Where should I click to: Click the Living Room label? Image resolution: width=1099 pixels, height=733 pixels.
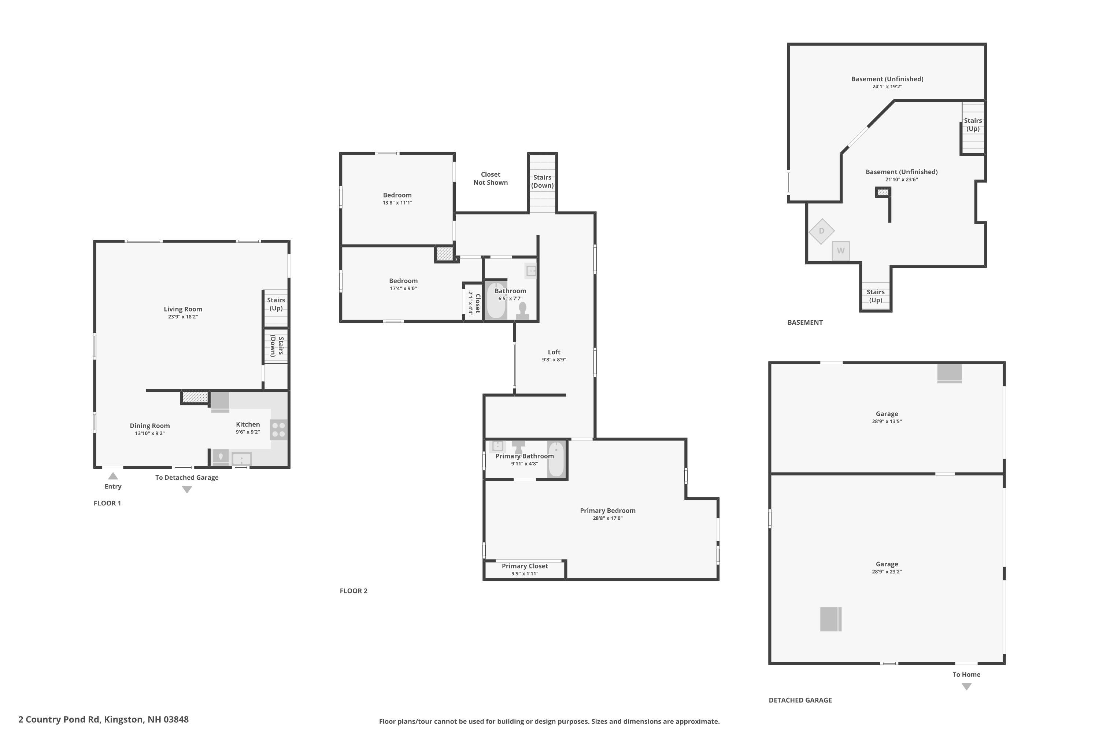(183, 309)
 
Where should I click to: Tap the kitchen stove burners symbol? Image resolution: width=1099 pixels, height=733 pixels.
(278, 430)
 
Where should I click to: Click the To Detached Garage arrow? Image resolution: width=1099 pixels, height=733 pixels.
(187, 489)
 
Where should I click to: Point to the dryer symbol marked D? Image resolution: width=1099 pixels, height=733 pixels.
(821, 231)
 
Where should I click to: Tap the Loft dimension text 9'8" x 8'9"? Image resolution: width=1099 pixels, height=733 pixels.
(554, 360)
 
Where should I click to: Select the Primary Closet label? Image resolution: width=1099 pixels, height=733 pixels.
(525, 566)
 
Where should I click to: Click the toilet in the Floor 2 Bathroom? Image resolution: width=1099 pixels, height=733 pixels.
(522, 310)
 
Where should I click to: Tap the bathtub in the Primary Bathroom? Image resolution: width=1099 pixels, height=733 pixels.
(556, 459)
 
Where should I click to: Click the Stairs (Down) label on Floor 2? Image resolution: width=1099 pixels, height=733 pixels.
(542, 181)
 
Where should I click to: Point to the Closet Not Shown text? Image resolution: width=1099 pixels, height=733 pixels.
(490, 178)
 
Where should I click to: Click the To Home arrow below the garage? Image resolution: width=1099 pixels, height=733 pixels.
(967, 687)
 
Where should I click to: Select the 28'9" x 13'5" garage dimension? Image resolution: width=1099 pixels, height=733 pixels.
(887, 421)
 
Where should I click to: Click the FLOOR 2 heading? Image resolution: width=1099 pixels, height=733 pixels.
(353, 591)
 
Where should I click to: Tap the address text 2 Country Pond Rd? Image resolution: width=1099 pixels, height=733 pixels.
(103, 719)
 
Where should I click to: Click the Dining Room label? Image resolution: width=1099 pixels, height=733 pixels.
(149, 426)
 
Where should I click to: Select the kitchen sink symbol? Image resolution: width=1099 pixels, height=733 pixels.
(241, 458)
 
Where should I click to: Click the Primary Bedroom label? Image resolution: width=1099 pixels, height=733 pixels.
(607, 511)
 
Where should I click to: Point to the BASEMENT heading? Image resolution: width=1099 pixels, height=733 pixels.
(804, 323)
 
